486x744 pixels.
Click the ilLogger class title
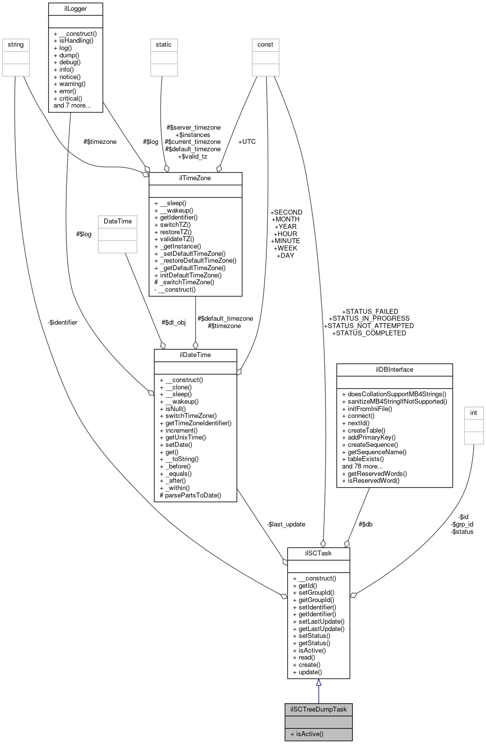(x=75, y=9)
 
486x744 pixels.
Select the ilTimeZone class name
(x=195, y=178)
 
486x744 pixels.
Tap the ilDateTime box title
(x=195, y=355)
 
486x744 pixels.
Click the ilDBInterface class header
(x=394, y=369)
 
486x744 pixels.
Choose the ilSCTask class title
(x=318, y=553)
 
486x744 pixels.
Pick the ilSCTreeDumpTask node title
(x=318, y=709)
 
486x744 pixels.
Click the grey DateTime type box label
(x=118, y=221)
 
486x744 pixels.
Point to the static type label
(x=164, y=45)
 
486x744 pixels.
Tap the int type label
(x=474, y=413)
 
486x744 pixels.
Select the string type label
(x=16, y=45)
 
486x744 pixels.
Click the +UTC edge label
(x=247, y=142)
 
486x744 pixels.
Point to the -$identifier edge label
(x=62, y=323)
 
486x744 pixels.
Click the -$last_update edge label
(x=286, y=524)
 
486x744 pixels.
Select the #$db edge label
(x=365, y=524)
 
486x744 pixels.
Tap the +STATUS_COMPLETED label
(x=369, y=333)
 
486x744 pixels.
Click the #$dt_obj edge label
(x=173, y=323)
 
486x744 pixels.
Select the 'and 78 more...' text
(x=363, y=467)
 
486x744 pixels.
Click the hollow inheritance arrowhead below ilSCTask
(x=318, y=683)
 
